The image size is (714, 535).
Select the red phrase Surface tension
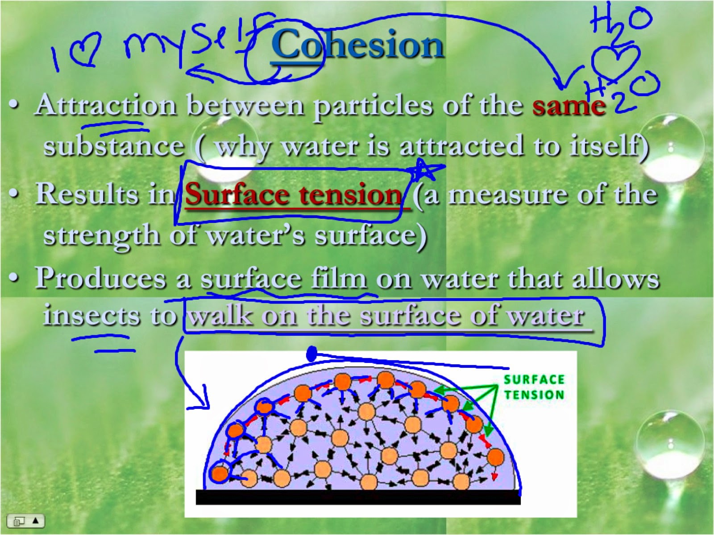[294, 195]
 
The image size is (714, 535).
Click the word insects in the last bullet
[91, 315]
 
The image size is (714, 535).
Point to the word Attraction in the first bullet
[106, 106]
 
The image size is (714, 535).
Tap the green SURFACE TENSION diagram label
[534, 387]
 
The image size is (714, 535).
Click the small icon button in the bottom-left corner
[26, 521]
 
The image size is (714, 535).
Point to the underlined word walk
[220, 315]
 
